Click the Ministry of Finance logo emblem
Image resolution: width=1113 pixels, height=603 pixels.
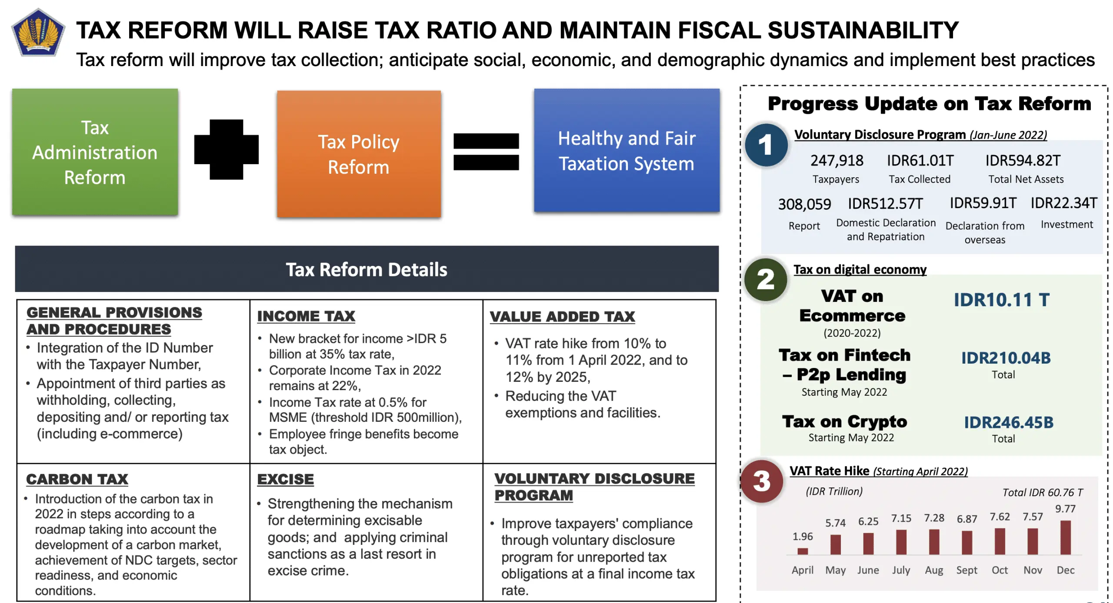[38, 33]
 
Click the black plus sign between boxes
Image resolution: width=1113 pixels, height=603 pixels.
[226, 149]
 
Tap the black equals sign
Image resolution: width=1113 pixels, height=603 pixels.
[486, 151]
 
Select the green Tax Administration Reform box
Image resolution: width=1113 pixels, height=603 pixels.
[95, 152]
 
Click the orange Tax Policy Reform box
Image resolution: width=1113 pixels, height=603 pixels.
[359, 154]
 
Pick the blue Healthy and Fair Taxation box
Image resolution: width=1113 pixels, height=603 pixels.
[626, 150]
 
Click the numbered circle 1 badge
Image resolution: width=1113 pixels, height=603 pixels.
[766, 145]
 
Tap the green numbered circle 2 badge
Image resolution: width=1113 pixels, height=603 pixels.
[765, 279]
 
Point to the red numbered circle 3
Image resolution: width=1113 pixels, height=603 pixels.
[762, 481]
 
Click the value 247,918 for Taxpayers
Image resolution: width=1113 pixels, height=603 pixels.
[836, 161]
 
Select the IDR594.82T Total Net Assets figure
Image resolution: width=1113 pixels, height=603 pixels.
[1023, 161]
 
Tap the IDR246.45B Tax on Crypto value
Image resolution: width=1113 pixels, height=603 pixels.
[1009, 422]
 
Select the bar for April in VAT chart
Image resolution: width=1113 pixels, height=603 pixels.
[803, 551]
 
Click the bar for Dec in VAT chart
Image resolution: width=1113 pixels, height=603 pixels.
[1065, 537]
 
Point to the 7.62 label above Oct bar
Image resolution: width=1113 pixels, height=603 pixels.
[1000, 517]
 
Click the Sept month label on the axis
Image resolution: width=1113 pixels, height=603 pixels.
[966, 570]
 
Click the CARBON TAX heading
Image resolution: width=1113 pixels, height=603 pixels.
[77, 479]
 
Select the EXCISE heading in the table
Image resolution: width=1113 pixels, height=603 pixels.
[285, 479]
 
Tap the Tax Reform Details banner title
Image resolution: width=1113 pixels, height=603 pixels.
[366, 269]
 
